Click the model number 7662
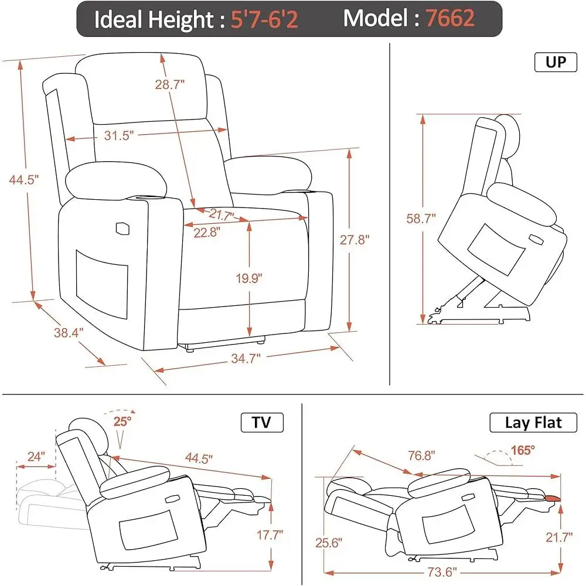(x=450, y=19)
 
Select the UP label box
(x=555, y=62)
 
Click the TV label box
(x=262, y=423)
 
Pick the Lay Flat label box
(x=533, y=423)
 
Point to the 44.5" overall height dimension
(x=24, y=180)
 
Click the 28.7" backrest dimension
(x=170, y=84)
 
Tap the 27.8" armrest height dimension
(x=355, y=240)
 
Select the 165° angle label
(x=522, y=450)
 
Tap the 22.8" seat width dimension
(x=207, y=231)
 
